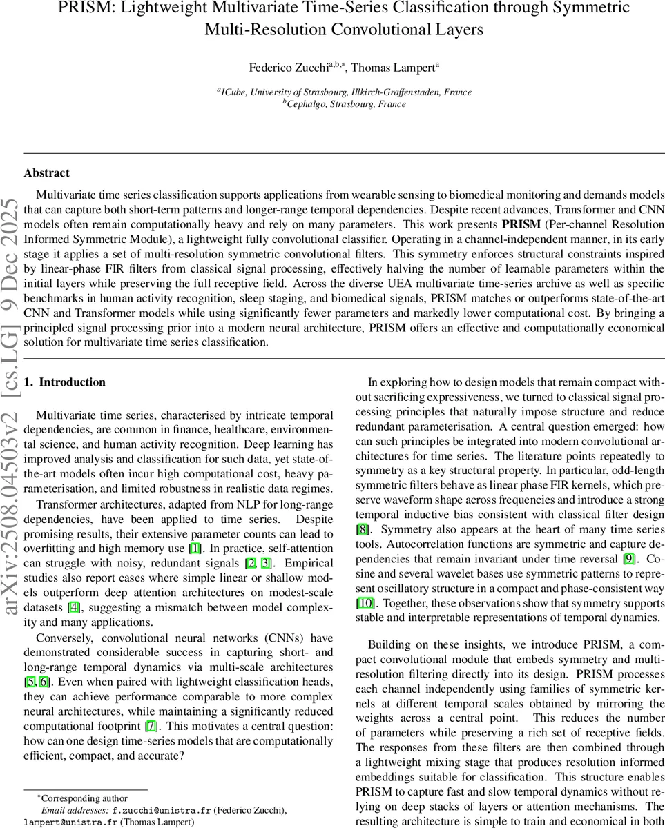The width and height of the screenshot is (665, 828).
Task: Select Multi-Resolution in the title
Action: pyautogui.click(x=265, y=30)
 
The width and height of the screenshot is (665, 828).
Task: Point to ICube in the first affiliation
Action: pyautogui.click(x=234, y=92)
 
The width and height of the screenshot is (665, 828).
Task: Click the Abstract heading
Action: pyautogui.click(x=46, y=172)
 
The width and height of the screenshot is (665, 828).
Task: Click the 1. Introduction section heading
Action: pyautogui.click(x=65, y=382)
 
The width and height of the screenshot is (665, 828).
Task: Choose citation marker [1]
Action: pyautogui.click(x=195, y=548)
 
